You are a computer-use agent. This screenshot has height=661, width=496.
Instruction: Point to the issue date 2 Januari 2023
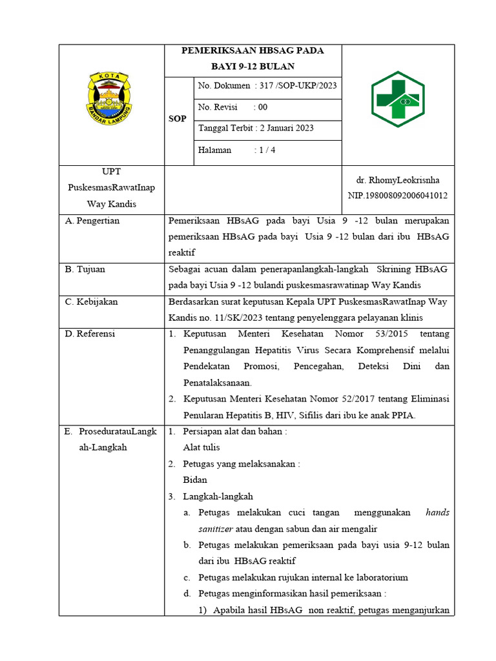(x=285, y=128)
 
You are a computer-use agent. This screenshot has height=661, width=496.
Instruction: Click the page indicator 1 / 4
(x=264, y=150)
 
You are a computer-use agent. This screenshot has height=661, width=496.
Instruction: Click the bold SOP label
(x=177, y=119)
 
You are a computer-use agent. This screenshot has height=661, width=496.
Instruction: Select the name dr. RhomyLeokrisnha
(x=398, y=180)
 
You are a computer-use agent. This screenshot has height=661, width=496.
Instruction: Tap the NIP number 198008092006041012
(x=398, y=195)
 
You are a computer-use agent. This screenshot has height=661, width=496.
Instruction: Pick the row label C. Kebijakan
(x=91, y=301)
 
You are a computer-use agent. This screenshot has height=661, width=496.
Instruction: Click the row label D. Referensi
(x=90, y=334)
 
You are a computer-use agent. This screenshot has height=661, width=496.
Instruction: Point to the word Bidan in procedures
(x=194, y=480)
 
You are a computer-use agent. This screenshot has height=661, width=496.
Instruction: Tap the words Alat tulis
(x=201, y=447)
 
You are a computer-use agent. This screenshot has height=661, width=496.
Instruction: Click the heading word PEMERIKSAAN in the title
(x=217, y=50)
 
